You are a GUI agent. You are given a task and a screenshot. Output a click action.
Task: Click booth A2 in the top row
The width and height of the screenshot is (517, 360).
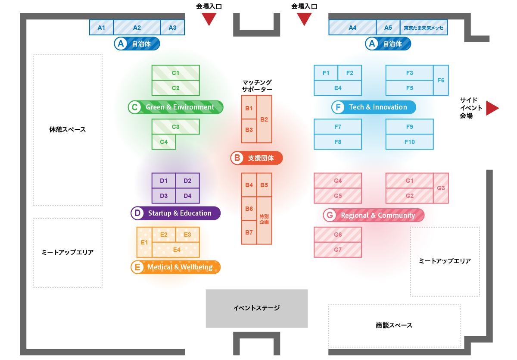coord(137,28)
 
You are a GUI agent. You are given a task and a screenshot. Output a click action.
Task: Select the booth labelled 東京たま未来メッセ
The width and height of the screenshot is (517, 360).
coord(424,28)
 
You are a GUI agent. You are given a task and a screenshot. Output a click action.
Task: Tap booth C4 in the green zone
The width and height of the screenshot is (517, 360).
coord(164,142)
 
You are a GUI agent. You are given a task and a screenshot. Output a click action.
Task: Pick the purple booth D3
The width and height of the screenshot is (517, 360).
coord(164,196)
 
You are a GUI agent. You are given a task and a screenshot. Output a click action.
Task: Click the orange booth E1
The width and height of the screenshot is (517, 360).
coord(144,242)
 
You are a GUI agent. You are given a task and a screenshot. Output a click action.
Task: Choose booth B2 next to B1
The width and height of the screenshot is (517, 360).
coord(265,119)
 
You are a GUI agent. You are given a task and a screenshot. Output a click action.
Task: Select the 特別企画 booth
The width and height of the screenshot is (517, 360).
coord(264,220)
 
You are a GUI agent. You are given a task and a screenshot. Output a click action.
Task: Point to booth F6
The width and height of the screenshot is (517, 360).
coord(441,80)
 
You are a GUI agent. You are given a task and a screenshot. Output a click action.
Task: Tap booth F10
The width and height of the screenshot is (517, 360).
coord(409,142)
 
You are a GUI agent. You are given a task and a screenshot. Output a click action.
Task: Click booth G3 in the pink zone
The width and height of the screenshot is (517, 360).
coord(441,188)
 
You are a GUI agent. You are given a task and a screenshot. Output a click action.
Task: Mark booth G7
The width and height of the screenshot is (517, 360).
coord(338,250)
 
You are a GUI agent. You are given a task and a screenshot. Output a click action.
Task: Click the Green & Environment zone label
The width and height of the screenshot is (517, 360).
coord(176,107)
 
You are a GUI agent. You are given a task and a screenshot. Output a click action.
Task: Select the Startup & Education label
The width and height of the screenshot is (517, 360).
coord(176,213)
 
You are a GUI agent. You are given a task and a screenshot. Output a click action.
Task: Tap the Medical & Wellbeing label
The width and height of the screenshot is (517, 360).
coord(176,267)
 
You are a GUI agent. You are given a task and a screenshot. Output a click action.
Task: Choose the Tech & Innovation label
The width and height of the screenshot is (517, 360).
coord(374,107)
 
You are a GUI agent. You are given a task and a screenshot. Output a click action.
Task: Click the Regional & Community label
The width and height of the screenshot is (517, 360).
coord(374,215)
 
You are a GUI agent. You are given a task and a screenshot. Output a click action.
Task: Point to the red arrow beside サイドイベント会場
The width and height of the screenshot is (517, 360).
coord(492,108)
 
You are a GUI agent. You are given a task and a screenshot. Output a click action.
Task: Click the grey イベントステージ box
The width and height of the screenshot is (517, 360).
coord(257,308)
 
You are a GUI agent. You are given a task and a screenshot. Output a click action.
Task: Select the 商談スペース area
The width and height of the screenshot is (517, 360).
coord(394,326)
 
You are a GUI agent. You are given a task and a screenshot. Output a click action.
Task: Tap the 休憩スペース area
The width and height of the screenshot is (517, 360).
coord(68,130)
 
